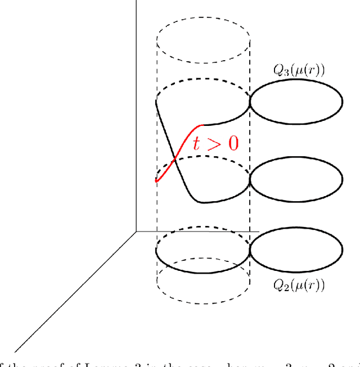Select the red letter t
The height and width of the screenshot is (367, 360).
click(197, 143)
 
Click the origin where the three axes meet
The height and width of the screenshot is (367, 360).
click(136, 230)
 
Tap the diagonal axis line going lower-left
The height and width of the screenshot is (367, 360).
click(73, 292)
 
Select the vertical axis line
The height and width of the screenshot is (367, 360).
click(136, 112)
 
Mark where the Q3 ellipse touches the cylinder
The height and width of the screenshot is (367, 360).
click(250, 103)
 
